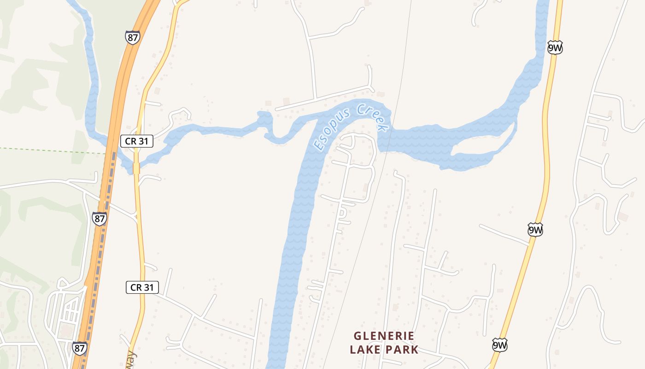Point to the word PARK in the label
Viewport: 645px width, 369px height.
click(x=402, y=349)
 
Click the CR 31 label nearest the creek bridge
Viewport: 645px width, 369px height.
click(x=137, y=141)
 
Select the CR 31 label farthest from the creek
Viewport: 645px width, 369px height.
click(x=142, y=287)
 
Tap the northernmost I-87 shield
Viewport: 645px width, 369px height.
click(x=132, y=37)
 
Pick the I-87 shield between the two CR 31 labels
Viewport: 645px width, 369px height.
click(x=99, y=218)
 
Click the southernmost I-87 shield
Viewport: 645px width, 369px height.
click(x=79, y=348)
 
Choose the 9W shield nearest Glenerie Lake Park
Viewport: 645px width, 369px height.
click(x=499, y=345)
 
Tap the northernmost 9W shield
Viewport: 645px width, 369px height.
click(x=555, y=48)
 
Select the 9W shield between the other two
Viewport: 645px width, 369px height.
click(x=535, y=229)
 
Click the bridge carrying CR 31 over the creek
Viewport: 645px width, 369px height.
click(x=136, y=168)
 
